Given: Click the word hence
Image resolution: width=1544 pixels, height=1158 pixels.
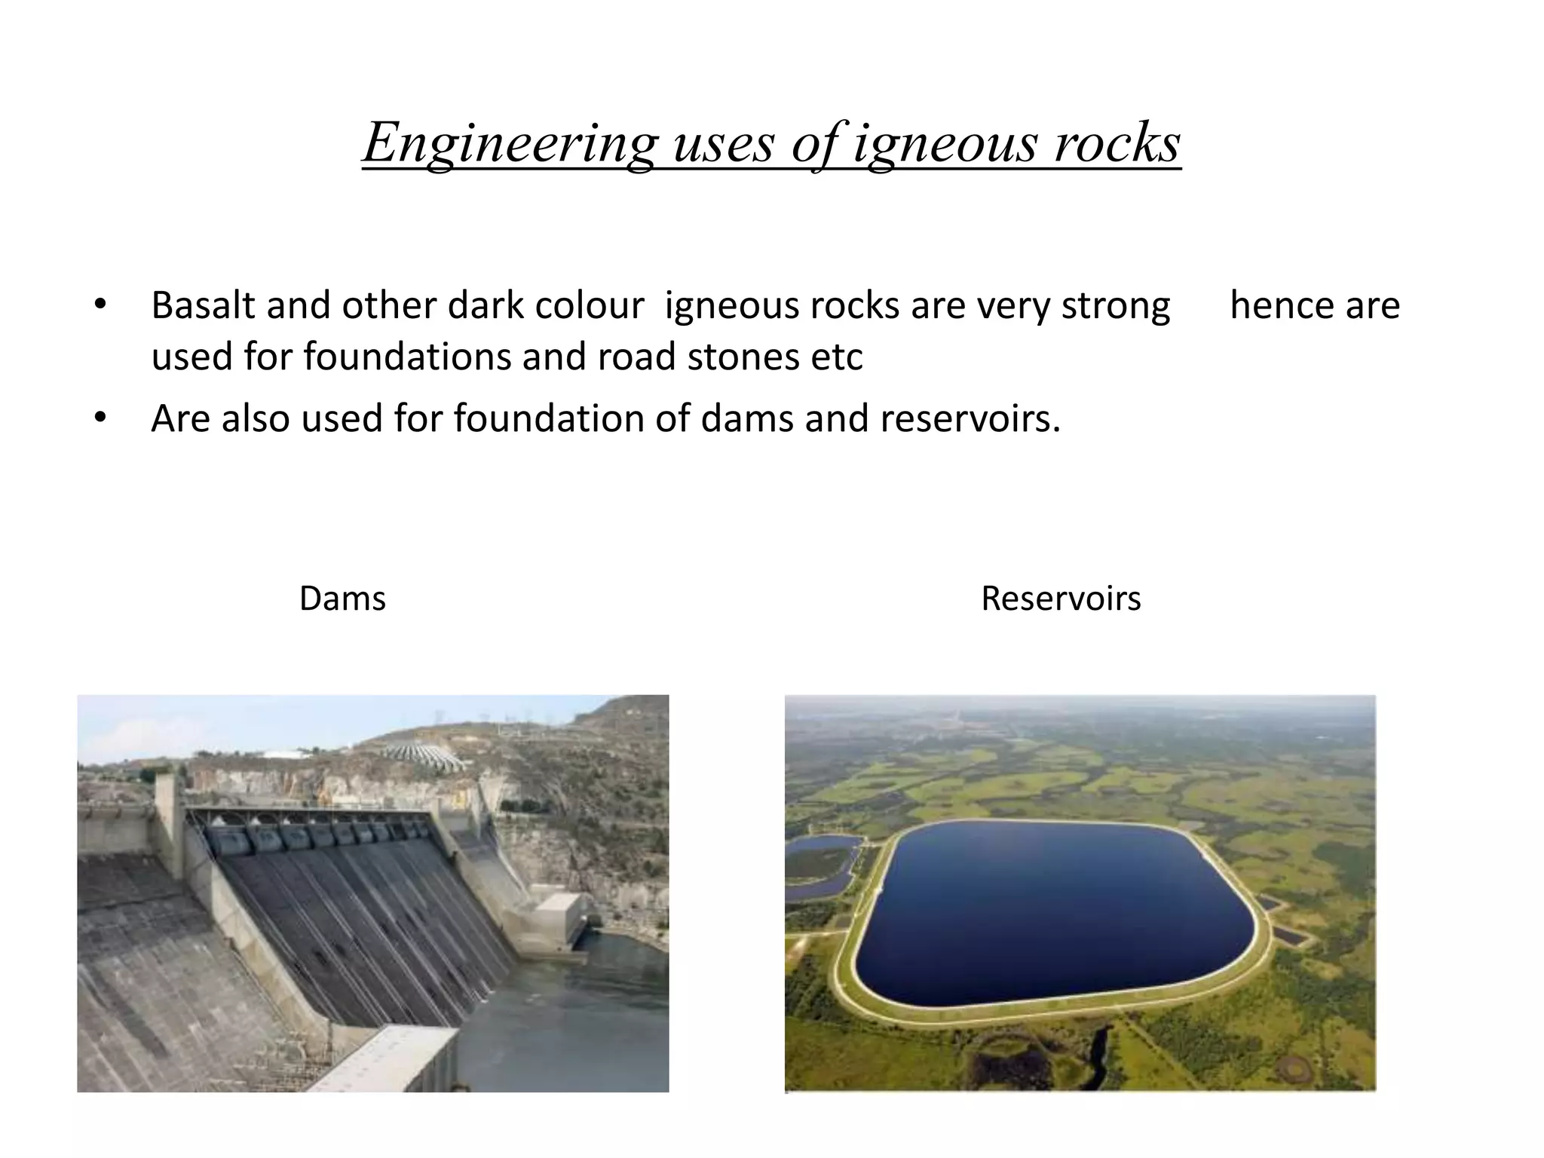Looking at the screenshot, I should [x=1271, y=305].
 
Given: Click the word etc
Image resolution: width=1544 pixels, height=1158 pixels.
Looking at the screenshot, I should [x=837, y=357].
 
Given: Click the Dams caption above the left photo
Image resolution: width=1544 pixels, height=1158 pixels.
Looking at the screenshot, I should [x=342, y=599].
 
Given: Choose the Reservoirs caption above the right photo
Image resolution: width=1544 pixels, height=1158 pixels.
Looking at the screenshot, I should [x=1061, y=599].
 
